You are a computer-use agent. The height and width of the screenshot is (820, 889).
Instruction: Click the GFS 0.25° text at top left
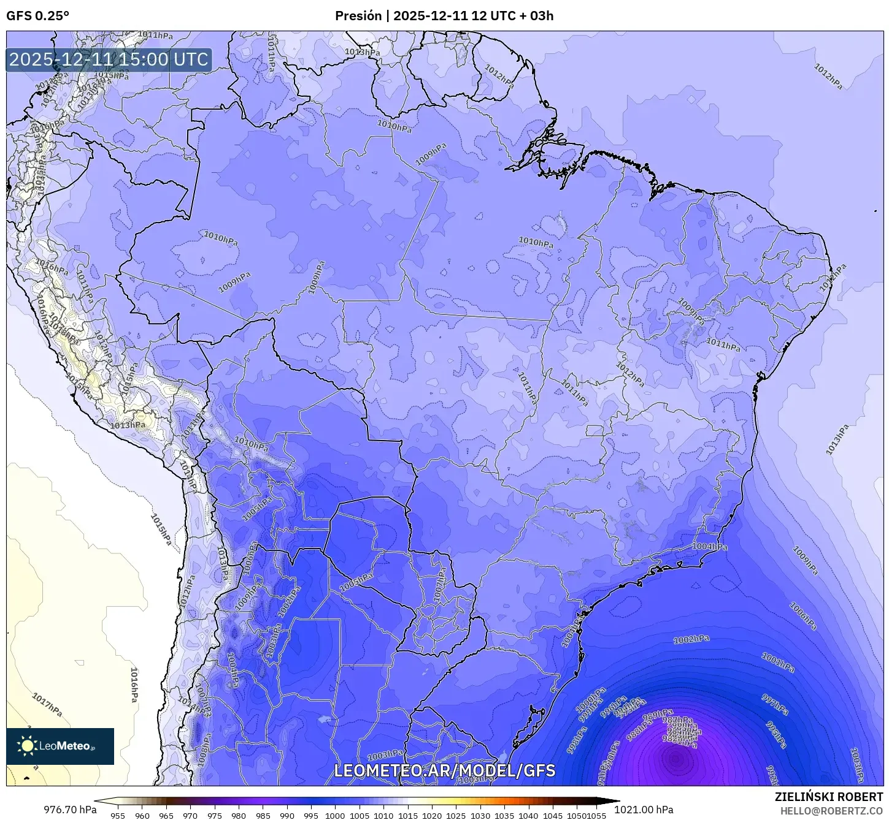tap(37, 16)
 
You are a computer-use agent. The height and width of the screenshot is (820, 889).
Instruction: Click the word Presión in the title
tap(358, 16)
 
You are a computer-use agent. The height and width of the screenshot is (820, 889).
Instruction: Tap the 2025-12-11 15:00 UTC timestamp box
tap(109, 60)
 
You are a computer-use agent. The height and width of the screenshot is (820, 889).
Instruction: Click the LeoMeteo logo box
tap(60, 746)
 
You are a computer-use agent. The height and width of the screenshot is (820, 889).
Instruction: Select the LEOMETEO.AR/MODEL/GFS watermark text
tap(444, 770)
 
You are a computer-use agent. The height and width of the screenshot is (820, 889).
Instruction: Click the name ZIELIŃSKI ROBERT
tap(828, 797)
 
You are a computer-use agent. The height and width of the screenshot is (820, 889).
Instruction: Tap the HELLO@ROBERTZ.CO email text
tap(831, 810)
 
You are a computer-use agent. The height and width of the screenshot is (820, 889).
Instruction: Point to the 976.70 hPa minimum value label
tap(70, 810)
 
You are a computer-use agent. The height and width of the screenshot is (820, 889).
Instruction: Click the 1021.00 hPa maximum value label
tap(647, 810)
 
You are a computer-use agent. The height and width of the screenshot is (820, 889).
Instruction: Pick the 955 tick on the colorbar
tap(118, 815)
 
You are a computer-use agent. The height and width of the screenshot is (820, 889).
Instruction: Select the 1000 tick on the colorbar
tap(335, 815)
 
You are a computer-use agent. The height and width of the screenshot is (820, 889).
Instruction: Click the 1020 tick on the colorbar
tap(432, 815)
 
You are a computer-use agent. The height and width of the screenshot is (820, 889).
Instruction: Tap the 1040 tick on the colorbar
tap(528, 815)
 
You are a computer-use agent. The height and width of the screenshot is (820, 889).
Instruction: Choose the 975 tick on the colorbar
tap(214, 815)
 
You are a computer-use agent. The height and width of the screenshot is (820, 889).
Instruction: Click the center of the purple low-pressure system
tap(676, 759)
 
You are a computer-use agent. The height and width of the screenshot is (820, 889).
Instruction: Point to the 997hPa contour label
tap(774, 705)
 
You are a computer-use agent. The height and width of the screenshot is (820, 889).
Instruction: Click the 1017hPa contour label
tap(47, 705)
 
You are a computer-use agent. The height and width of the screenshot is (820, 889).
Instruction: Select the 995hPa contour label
tap(776, 734)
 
